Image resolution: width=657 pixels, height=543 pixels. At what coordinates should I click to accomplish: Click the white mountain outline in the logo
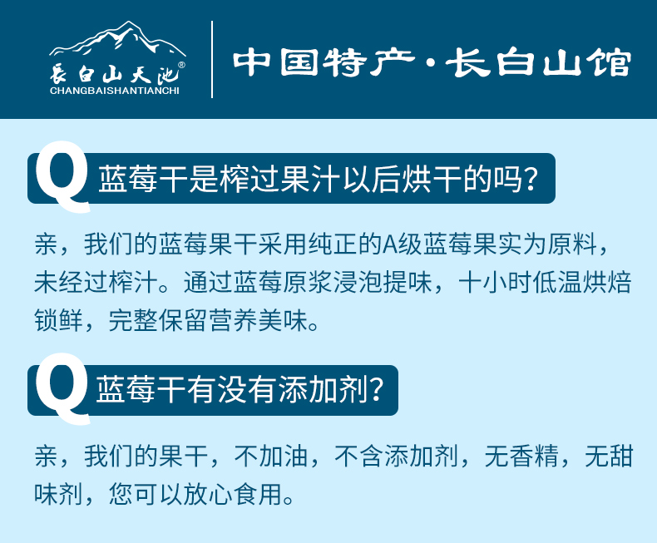click(x=117, y=40)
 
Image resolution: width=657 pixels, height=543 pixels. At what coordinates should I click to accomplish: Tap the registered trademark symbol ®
click(x=181, y=65)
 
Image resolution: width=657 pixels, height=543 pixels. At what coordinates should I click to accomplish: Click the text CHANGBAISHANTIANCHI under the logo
click(x=115, y=91)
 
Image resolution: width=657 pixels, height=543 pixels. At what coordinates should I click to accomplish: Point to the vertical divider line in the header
click(x=212, y=59)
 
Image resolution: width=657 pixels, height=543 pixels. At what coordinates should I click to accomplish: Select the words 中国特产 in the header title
click(x=324, y=63)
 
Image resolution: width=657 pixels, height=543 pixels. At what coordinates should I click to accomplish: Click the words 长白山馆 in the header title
click(x=538, y=63)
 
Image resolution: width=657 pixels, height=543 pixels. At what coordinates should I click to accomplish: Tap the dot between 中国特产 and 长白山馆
click(x=430, y=63)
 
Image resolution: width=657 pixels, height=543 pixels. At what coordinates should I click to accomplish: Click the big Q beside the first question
click(x=62, y=176)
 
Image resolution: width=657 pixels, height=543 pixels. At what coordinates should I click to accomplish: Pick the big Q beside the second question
click(x=62, y=388)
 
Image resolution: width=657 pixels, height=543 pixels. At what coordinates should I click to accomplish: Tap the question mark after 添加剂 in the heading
click(x=377, y=390)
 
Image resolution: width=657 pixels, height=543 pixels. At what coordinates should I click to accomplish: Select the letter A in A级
click(x=390, y=244)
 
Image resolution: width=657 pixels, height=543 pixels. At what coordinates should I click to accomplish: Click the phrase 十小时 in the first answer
click(x=495, y=282)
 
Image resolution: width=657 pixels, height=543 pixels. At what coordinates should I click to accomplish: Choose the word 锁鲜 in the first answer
click(x=58, y=320)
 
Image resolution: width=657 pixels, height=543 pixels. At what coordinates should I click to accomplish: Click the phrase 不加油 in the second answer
click(x=271, y=456)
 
